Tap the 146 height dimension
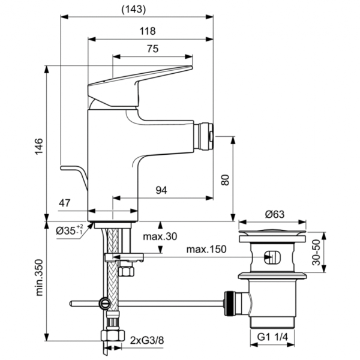click(x=38, y=146)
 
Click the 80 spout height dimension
click(x=225, y=179)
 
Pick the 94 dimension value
click(x=161, y=190)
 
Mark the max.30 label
click(x=160, y=236)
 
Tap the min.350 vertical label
click(x=38, y=280)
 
